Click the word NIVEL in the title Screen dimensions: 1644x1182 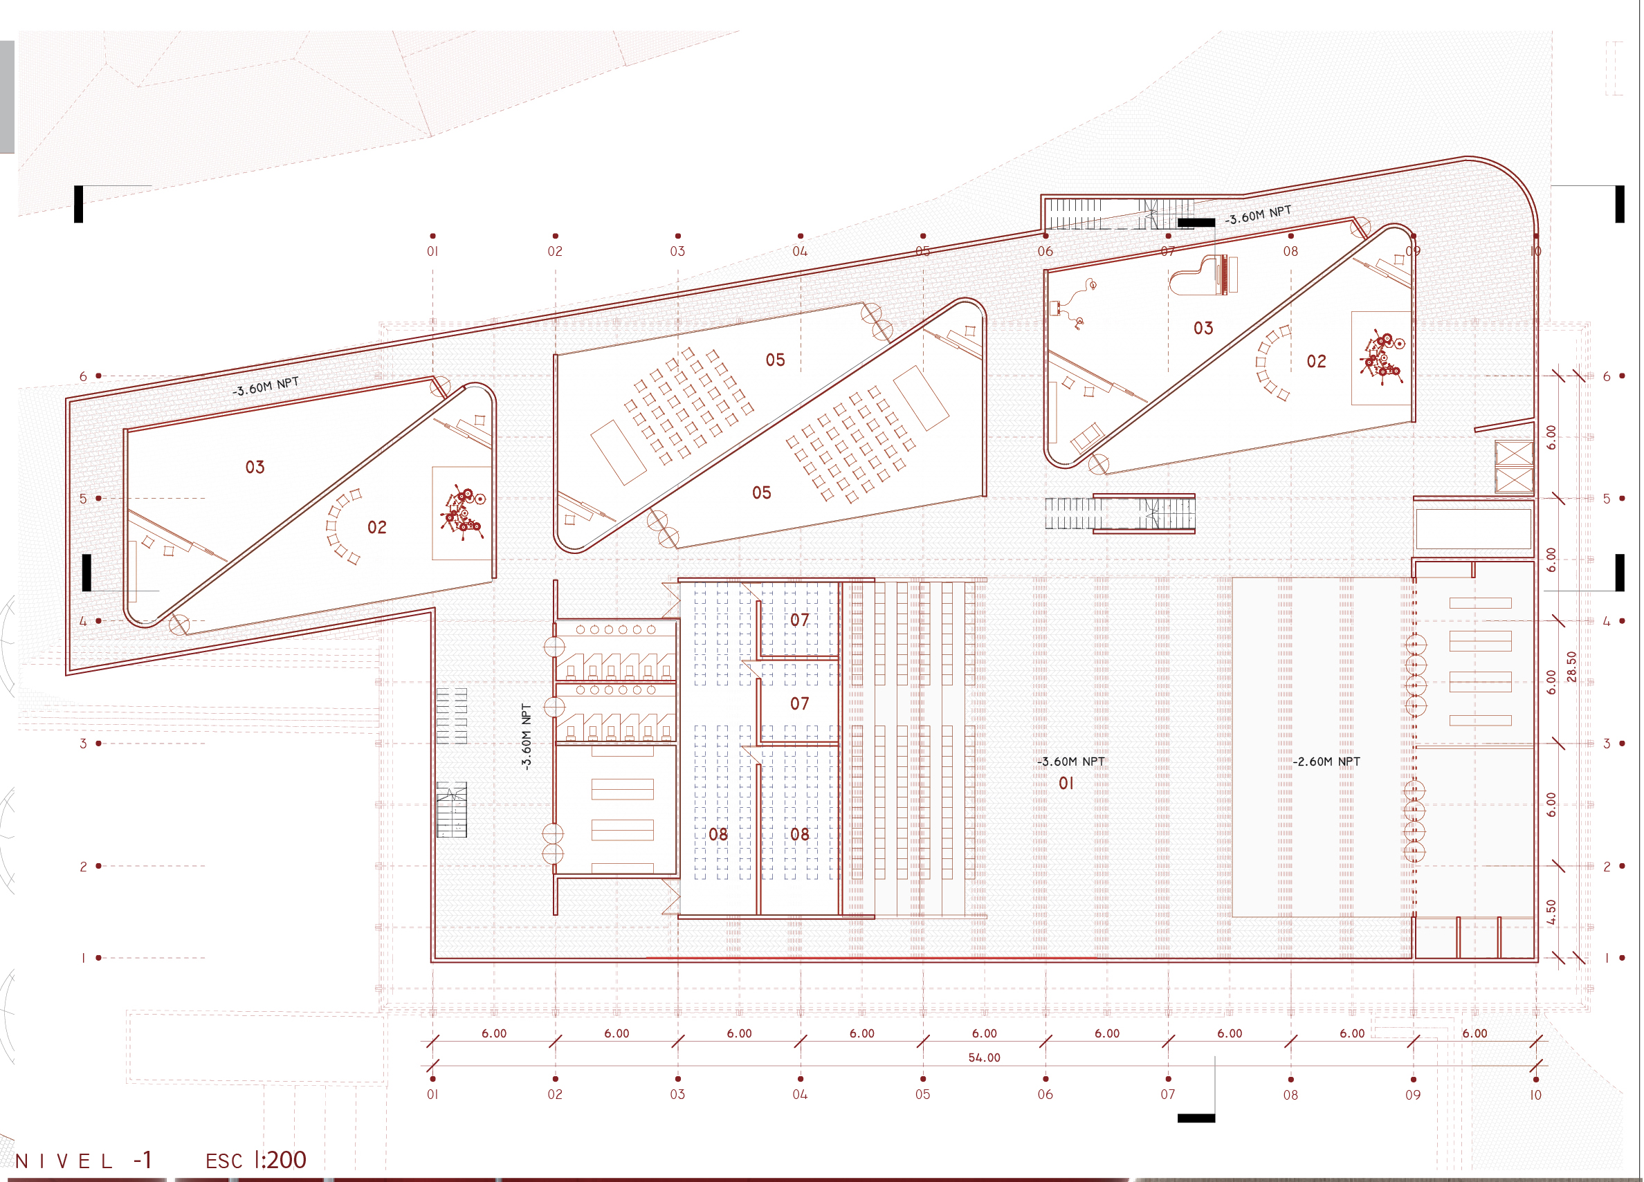pos(64,1161)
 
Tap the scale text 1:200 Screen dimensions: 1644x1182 pos(280,1160)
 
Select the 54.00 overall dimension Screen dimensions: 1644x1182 pos(984,1058)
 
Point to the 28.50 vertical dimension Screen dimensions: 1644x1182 pos(1571,666)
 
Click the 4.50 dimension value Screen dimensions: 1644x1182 pos(1551,912)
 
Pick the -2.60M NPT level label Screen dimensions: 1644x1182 pos(1326,761)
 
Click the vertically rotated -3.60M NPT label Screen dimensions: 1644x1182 pos(527,737)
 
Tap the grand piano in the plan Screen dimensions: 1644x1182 pos(1203,275)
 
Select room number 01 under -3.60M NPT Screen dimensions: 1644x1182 pos(1066,784)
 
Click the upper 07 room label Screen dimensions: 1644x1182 pos(800,620)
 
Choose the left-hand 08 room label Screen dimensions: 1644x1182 pos(718,835)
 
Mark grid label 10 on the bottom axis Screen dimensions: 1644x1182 pos(1535,1095)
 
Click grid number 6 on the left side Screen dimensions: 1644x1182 pos(83,376)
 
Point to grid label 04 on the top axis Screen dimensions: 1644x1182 pos(800,252)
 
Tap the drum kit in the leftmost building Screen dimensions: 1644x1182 pos(462,512)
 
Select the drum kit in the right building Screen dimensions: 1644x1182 pos(1382,358)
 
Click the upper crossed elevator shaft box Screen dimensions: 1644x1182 pos(1514,454)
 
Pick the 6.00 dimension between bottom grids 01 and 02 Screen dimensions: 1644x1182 pos(493,1033)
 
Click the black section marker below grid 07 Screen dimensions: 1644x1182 pos(1196,1118)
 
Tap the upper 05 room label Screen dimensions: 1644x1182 pos(775,360)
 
